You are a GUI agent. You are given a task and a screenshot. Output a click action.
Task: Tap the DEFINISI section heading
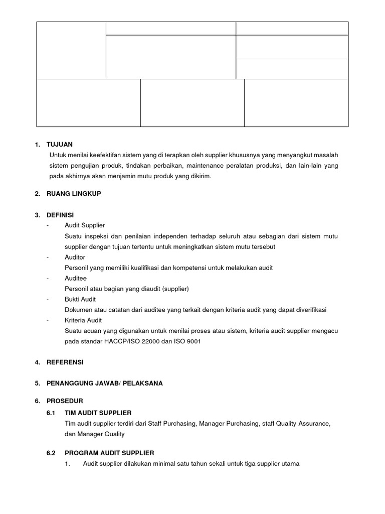[x=60, y=215]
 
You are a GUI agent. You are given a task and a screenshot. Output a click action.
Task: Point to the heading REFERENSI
[x=65, y=362]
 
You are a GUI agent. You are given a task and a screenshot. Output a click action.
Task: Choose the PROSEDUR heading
[x=65, y=402]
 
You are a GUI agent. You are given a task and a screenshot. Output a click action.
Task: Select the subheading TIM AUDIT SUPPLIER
[x=98, y=413]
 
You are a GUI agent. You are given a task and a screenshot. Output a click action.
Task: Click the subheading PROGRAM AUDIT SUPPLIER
[x=109, y=453]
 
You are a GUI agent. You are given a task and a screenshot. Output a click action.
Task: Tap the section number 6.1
[x=51, y=413]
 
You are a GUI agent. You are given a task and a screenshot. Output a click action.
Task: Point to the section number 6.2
[x=51, y=453]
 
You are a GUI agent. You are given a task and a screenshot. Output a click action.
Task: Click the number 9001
[x=198, y=341]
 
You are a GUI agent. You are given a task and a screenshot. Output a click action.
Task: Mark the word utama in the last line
[x=290, y=464]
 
